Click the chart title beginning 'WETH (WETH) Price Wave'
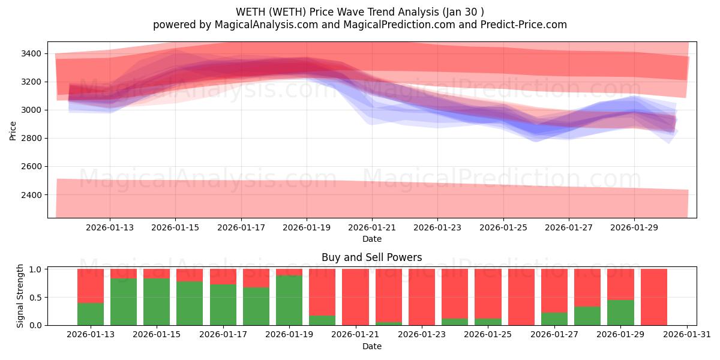[359, 12]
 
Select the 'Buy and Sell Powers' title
[371, 257]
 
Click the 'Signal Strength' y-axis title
[20, 295]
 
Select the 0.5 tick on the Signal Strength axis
[36, 297]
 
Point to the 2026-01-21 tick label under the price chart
[372, 228]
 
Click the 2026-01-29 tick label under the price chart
[635, 228]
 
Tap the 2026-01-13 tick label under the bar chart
[91, 335]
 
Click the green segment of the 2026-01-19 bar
[289, 300]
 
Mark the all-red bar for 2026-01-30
[653, 297]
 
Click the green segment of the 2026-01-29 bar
[620, 313]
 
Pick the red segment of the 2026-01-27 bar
[554, 290]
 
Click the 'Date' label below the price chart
[371, 239]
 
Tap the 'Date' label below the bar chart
[371, 346]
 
